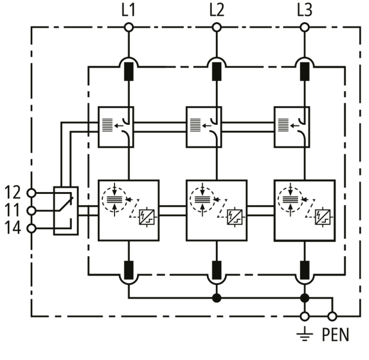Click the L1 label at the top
(128, 10)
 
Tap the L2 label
(217, 10)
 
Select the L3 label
(305, 10)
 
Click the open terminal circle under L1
(128, 28)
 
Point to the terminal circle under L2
(217, 28)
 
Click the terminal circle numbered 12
(31, 193)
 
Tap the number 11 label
(13, 210)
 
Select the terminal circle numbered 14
(31, 229)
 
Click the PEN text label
(335, 335)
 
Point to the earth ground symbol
(305, 334)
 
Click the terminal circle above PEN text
(332, 316)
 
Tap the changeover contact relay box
(66, 211)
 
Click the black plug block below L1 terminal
(128, 71)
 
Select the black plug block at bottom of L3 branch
(305, 270)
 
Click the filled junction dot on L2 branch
(217, 298)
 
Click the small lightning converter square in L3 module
(323, 217)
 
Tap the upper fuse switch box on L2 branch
(204, 127)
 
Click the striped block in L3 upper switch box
(283, 125)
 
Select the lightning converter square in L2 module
(235, 217)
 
